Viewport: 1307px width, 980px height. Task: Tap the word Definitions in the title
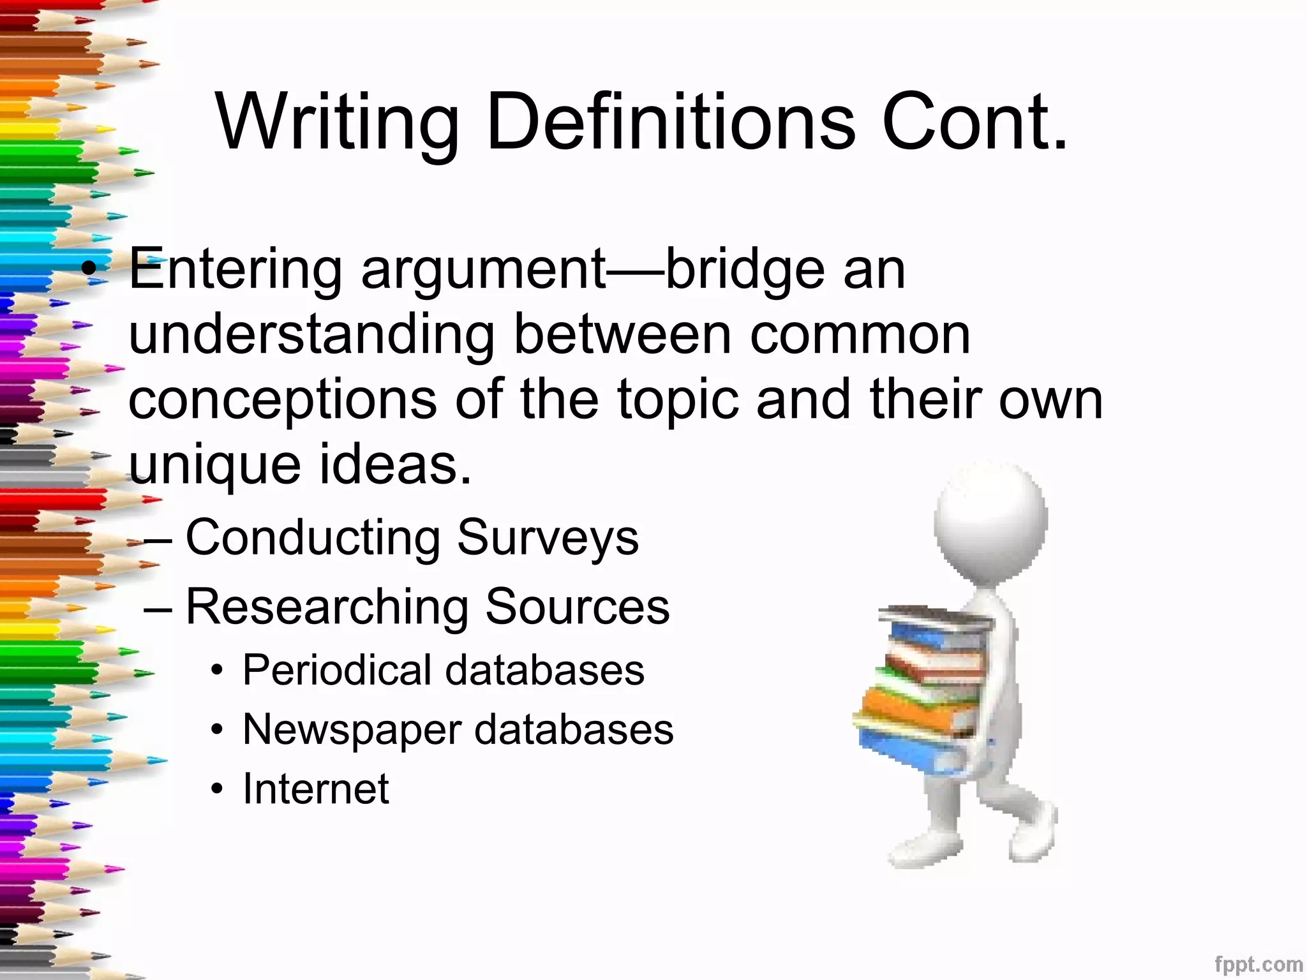pyautogui.click(x=670, y=122)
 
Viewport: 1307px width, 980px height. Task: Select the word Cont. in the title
pyautogui.click(x=975, y=122)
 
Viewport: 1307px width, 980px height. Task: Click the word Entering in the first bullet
pyautogui.click(x=235, y=270)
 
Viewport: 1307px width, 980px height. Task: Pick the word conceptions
pyautogui.click(x=283, y=401)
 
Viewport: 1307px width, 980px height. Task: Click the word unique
pyautogui.click(x=214, y=466)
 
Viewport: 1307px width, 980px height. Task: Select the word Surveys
pyautogui.click(x=548, y=538)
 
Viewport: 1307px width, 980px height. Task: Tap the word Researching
pyautogui.click(x=327, y=607)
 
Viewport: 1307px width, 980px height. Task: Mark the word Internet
pyautogui.click(x=316, y=789)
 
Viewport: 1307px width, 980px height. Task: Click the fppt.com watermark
pyautogui.click(x=1258, y=964)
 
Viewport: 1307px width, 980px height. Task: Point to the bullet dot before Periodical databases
pyautogui.click(x=218, y=671)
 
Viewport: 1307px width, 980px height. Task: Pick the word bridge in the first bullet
pyautogui.click(x=744, y=270)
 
